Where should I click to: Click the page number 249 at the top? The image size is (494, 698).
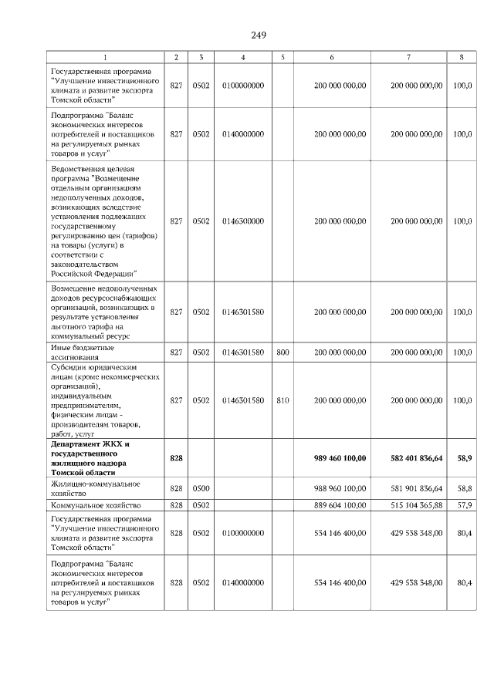click(x=258, y=35)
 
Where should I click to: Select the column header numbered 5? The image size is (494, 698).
click(x=283, y=57)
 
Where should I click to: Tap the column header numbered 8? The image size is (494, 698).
click(x=462, y=57)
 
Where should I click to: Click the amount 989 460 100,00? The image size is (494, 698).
click(x=340, y=458)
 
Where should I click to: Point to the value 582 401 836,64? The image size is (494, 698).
click(x=417, y=458)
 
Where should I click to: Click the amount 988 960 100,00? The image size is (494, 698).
click(x=340, y=488)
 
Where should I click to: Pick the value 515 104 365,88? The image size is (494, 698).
click(x=417, y=505)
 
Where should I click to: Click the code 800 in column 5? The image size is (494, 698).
click(x=283, y=352)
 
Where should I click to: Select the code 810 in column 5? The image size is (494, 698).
click(x=283, y=400)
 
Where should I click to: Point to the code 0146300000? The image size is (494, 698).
click(x=243, y=221)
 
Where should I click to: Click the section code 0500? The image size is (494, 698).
click(x=201, y=488)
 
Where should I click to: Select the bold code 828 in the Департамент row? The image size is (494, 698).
click(x=176, y=458)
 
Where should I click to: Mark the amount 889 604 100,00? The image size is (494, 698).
click(x=340, y=505)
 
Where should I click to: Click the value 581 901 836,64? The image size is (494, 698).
click(x=417, y=488)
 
